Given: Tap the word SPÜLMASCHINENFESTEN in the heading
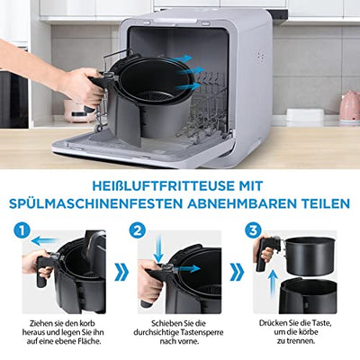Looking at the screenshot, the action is [x=95, y=203].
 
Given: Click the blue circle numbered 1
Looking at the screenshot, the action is [x=22, y=230].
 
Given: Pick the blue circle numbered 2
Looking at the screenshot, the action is [x=138, y=230].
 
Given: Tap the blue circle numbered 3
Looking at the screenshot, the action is [x=253, y=230].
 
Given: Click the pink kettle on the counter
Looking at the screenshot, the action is [x=350, y=107].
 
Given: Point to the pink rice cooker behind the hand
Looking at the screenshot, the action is [x=76, y=111].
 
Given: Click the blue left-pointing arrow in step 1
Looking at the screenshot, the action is [x=44, y=240].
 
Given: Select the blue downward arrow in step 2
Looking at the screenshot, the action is [x=158, y=249].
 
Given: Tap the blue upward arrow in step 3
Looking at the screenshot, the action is [x=273, y=283].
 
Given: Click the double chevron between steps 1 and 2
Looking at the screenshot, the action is [x=121, y=273].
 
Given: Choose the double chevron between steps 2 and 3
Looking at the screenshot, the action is [x=237, y=273].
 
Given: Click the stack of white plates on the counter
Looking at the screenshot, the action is [x=305, y=115].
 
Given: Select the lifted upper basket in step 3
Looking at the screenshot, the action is [x=309, y=256].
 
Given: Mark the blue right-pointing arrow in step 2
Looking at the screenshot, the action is [x=187, y=268].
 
